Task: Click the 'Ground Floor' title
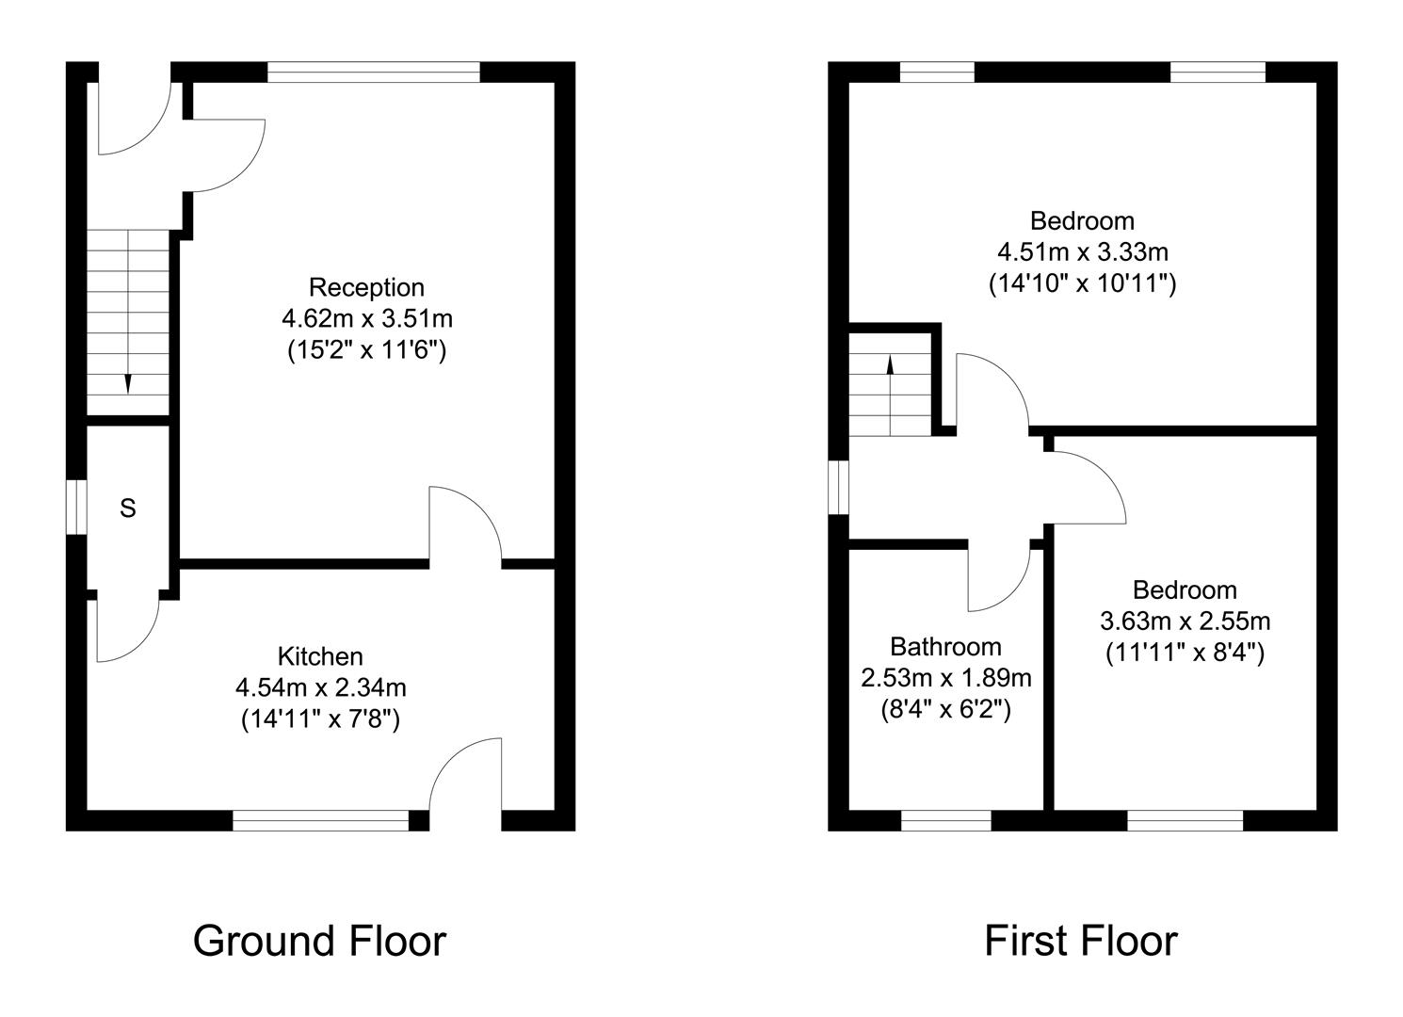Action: click(319, 941)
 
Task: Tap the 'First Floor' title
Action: click(1080, 941)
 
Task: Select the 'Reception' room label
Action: click(366, 287)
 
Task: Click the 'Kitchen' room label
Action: click(320, 656)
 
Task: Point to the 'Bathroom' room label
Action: click(945, 647)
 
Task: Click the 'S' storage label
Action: click(128, 508)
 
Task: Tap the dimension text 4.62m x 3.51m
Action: click(366, 318)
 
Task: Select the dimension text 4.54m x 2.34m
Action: click(320, 687)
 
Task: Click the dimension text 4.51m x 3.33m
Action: click(1082, 252)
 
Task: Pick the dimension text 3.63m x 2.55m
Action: click(1185, 621)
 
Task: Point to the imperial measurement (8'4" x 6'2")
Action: click(945, 709)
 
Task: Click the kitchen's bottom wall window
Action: click(320, 821)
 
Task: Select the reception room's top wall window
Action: click(374, 73)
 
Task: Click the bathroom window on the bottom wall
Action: click(945, 821)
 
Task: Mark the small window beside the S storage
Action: click(76, 508)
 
